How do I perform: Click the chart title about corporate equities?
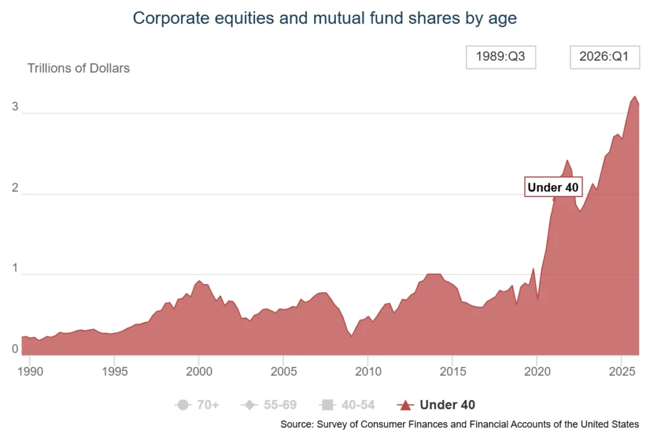[x=324, y=18]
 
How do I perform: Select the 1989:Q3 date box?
[x=501, y=57]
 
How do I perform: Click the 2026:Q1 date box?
[x=604, y=57]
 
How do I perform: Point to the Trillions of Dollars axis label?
[x=78, y=68]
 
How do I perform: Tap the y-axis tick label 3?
[x=15, y=107]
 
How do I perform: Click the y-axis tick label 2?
[x=15, y=188]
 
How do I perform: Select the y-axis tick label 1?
[x=15, y=268]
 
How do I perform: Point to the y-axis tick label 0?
[x=15, y=349]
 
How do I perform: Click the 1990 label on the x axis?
[x=30, y=372]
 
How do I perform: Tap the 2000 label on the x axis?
[x=199, y=372]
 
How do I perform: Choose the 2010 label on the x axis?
[x=368, y=372]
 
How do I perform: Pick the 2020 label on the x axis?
[x=537, y=372]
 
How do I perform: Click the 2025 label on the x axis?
[x=622, y=372]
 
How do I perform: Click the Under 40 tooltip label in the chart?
[x=553, y=187]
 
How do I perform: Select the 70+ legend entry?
[x=197, y=405]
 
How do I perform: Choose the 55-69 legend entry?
[x=269, y=405]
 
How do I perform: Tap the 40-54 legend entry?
[x=347, y=405]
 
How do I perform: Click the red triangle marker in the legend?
[x=406, y=405]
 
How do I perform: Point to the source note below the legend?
[x=460, y=424]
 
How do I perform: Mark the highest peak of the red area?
[x=635, y=96]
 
